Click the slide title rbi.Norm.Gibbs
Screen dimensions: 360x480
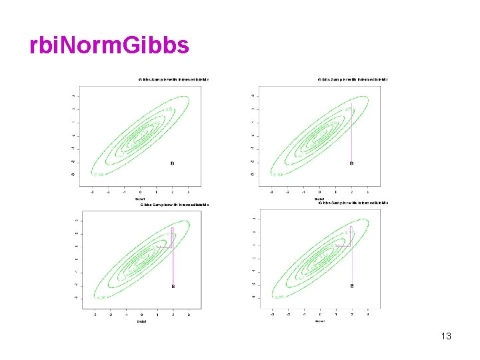(109, 45)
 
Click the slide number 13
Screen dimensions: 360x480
(446, 336)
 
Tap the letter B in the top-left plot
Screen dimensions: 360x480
(173, 163)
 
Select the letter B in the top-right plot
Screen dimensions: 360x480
(352, 163)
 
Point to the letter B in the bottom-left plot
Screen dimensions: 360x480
(173, 287)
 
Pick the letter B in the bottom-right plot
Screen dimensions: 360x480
(352, 286)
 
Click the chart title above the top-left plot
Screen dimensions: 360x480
(173, 80)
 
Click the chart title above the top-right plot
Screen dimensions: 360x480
(353, 80)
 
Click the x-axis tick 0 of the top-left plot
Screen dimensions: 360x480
(141, 191)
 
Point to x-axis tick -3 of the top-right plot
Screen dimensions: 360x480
(271, 191)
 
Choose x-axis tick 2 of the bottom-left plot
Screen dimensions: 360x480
(173, 315)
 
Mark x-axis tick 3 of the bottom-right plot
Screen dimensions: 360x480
(368, 314)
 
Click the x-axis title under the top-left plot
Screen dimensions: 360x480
(141, 198)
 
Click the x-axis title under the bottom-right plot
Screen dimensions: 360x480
(320, 321)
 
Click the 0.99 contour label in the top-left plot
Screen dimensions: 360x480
(99, 175)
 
